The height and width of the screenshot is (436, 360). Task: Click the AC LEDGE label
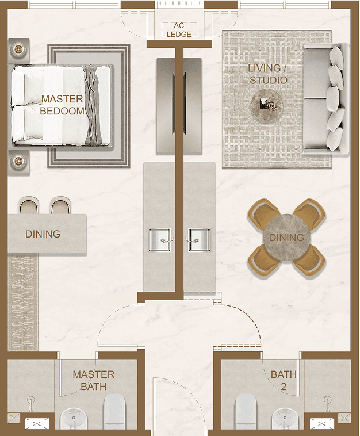tap(179, 30)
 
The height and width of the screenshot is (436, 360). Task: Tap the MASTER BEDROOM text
tap(62, 105)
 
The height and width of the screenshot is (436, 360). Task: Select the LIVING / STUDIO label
tap(268, 74)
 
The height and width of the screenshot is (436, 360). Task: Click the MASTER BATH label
tap(94, 380)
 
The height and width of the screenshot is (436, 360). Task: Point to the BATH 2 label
tap(284, 380)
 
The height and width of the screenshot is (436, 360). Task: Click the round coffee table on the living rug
tap(267, 105)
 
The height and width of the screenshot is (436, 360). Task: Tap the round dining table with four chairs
tap(286, 237)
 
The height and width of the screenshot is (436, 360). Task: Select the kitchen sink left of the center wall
tap(159, 240)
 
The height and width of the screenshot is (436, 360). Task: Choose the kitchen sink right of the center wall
tap(200, 240)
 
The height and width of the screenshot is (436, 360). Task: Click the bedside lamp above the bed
tap(18, 50)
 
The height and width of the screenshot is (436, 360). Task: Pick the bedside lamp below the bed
tap(18, 161)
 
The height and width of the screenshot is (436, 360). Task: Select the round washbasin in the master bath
tap(74, 418)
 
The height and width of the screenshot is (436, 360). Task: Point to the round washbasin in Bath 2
tap(285, 418)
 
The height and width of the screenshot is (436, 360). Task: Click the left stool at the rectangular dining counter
tap(28, 205)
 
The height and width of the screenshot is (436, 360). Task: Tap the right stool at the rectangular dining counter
tap(60, 205)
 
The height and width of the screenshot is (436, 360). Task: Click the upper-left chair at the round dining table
tap(263, 214)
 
